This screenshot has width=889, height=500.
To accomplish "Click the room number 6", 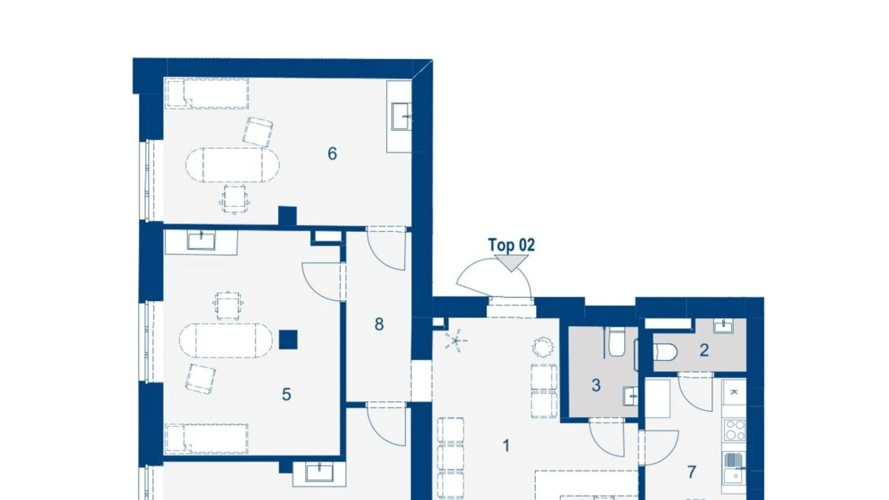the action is [x=332, y=154].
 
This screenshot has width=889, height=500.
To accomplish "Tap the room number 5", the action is [x=286, y=395].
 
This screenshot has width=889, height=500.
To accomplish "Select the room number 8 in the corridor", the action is [x=379, y=325].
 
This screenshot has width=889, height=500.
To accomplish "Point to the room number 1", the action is [x=506, y=446].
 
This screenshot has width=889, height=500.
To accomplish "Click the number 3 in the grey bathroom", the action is [x=596, y=385].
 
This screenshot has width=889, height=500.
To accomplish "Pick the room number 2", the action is [x=704, y=350].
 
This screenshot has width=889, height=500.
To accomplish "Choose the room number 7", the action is [x=691, y=472].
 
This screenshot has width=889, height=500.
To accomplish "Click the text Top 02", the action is [x=511, y=245].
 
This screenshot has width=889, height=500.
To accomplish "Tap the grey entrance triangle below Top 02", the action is [x=512, y=262].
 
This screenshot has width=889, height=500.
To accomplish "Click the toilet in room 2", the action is [x=666, y=352].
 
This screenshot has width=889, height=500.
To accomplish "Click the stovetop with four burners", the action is [x=735, y=430].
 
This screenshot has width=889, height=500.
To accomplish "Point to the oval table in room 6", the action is [x=233, y=165].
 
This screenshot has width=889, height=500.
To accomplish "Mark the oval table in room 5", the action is [x=226, y=341].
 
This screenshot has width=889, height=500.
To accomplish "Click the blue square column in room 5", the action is [x=288, y=340].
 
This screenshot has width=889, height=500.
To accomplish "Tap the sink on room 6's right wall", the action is [x=401, y=116].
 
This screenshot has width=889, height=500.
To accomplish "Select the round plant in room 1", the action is [x=543, y=347].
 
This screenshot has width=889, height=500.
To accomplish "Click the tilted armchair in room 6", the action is [x=258, y=132].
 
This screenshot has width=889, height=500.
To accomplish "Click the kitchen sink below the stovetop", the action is [x=734, y=468].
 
